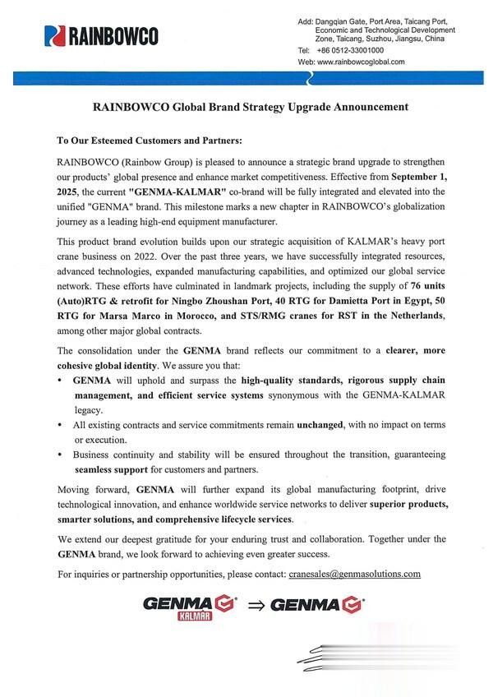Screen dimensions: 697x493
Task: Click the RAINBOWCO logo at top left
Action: click(x=103, y=35)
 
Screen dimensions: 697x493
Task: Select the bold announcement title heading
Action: click(x=250, y=107)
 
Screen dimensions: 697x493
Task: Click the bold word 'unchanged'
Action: click(x=327, y=426)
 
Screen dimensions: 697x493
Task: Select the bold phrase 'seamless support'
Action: click(x=109, y=469)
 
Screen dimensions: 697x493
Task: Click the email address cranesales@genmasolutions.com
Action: click(x=356, y=574)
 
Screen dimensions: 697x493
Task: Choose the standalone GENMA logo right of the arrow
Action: click(x=316, y=607)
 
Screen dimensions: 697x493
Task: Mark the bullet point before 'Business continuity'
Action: click(x=62, y=455)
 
